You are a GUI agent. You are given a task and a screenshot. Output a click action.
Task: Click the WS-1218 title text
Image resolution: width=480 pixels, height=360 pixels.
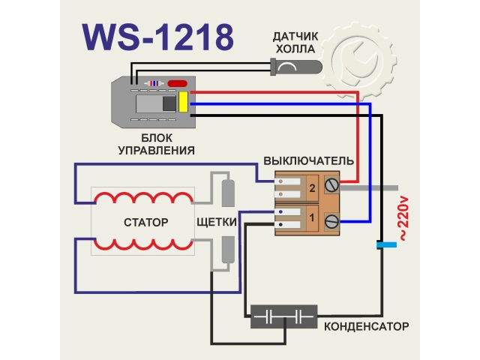156,34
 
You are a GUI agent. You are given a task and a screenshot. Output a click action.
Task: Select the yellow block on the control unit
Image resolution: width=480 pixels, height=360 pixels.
183,103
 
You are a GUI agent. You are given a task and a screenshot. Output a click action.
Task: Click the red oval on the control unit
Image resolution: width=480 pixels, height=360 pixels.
178,83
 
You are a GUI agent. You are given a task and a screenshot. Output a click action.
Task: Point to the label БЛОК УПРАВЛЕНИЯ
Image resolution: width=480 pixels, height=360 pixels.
157,145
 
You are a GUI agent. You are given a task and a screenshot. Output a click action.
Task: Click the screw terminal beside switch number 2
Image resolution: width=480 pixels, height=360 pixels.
331,184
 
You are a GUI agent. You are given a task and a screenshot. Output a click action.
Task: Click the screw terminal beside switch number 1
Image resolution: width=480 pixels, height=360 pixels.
331,221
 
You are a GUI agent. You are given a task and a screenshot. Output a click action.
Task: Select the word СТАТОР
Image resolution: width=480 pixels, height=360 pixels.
145,223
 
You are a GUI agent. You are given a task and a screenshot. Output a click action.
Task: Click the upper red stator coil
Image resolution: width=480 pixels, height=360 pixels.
142,200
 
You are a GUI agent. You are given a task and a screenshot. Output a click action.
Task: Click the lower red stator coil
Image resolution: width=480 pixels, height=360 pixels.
142,244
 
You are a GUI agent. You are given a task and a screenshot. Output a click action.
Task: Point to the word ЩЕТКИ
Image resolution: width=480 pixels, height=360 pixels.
217,223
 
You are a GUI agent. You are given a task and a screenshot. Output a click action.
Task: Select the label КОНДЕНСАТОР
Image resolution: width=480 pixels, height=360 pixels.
367,327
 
